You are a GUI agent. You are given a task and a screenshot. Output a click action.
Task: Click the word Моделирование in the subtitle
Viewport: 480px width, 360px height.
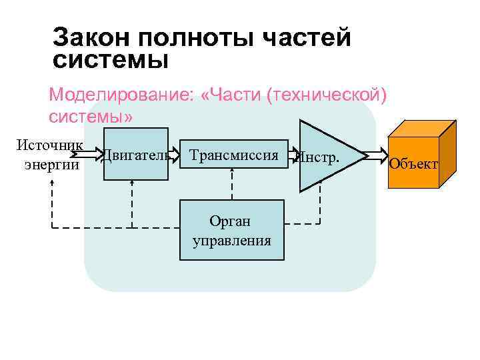coord(120,95)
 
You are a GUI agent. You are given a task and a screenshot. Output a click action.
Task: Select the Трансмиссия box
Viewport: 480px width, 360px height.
coord(233,155)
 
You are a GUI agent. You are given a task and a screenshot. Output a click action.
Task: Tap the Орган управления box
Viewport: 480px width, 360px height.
coord(232,231)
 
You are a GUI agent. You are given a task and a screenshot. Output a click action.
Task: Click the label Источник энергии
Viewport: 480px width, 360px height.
coord(51,154)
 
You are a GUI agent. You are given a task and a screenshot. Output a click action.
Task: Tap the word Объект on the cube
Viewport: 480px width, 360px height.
coord(413,163)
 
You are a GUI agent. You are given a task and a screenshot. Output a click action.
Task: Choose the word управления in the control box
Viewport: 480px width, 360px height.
coord(232,241)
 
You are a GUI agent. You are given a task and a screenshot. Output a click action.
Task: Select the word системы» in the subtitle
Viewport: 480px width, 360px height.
coord(91,116)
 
